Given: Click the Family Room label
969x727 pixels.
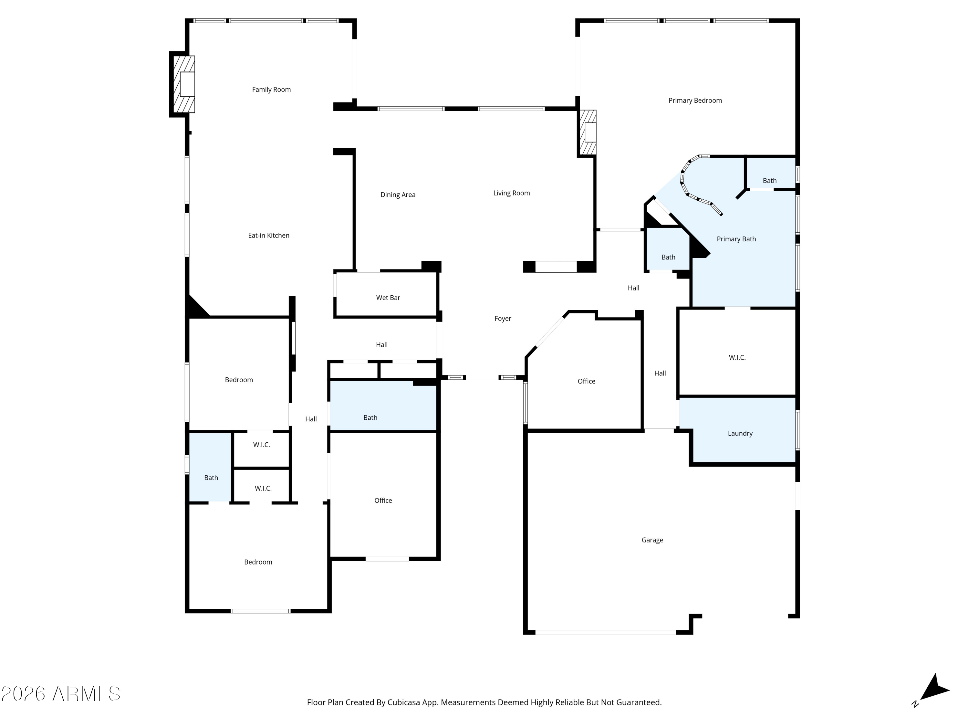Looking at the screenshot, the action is [x=271, y=90].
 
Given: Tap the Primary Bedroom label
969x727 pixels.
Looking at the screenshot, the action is [x=695, y=100].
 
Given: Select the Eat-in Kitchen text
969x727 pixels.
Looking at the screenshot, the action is [x=268, y=235].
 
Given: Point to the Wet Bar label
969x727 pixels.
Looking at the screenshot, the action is [x=388, y=298].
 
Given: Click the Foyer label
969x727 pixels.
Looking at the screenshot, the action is [x=503, y=319].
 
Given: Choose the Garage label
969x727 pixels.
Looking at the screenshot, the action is [x=652, y=540].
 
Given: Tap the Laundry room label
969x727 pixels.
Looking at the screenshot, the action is [x=740, y=433].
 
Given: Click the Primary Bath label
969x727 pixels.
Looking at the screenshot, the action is [x=736, y=239].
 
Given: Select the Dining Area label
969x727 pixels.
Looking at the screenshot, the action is [x=398, y=195].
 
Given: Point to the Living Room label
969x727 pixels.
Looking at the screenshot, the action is [x=511, y=193].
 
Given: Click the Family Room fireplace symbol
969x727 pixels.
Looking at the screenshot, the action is [x=183, y=84].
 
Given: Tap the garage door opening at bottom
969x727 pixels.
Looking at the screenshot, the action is [x=605, y=632].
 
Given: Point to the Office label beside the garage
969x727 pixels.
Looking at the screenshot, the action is [x=586, y=381].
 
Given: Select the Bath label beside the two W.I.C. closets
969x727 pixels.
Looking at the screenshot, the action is [x=211, y=478].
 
